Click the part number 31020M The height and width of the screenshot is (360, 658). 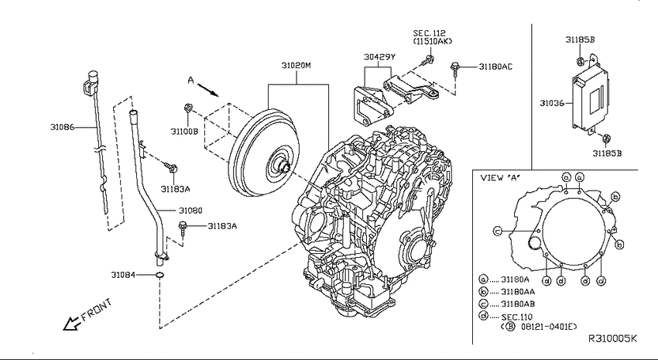[x=296, y=66]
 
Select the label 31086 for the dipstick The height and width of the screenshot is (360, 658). [x=62, y=127]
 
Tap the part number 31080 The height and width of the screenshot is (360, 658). [x=190, y=211]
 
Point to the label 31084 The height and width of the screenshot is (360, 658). [x=123, y=275]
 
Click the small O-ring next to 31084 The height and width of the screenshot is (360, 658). [x=159, y=275]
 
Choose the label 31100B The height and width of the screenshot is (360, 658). [x=184, y=132]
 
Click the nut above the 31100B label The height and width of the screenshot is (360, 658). [x=187, y=109]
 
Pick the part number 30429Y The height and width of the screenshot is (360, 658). [x=379, y=57]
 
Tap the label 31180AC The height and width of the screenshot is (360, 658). [x=495, y=67]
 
